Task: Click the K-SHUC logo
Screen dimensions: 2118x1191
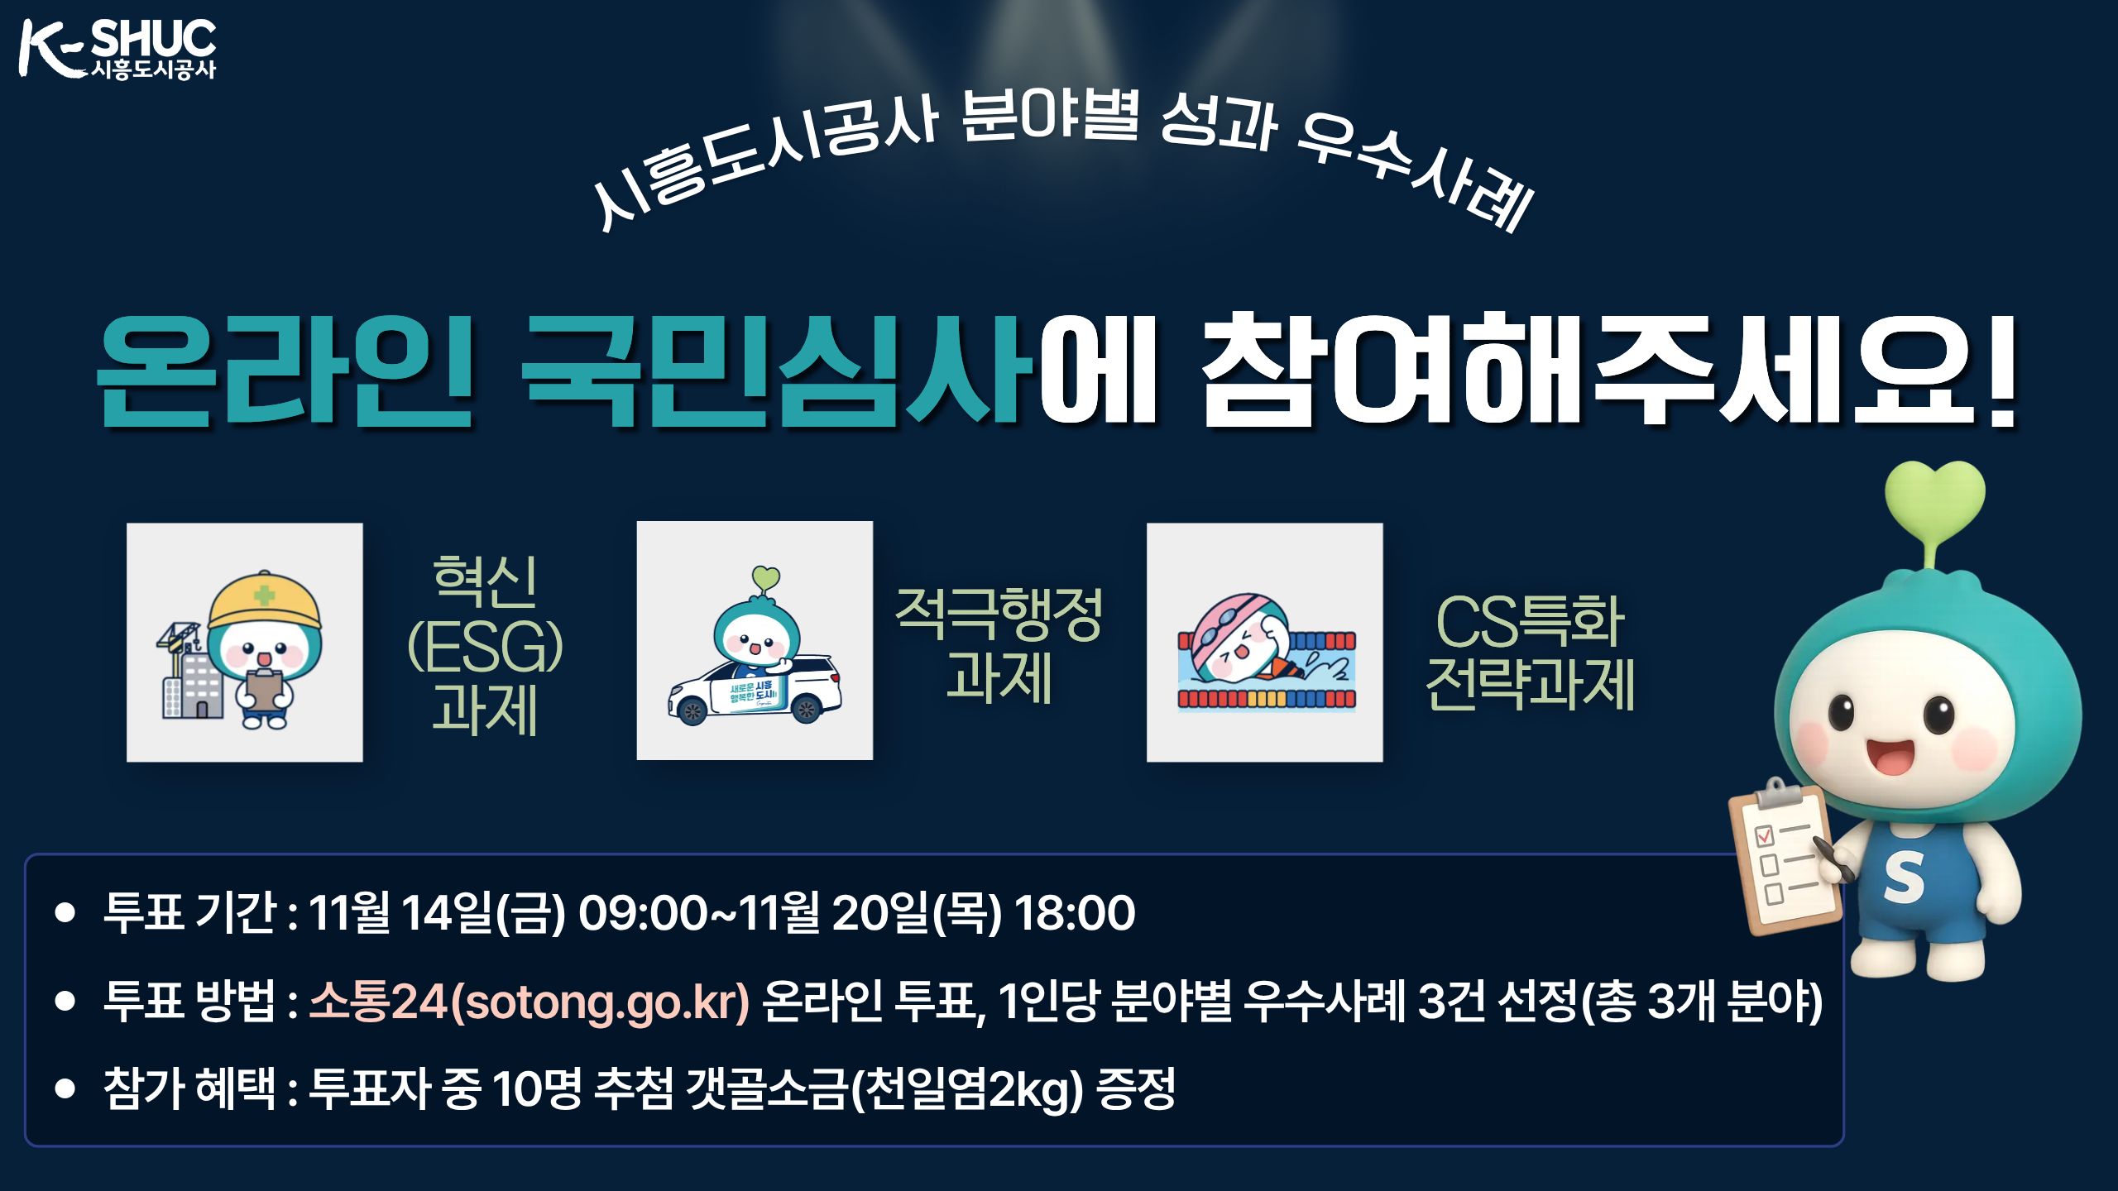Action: coord(117,50)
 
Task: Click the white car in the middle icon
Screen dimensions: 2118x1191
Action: coord(755,691)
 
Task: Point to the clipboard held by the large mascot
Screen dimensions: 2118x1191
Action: coord(1785,860)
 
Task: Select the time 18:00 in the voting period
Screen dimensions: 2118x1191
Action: coord(1075,913)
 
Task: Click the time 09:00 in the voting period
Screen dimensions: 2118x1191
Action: coord(642,913)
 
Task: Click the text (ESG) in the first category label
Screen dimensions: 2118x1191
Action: coord(485,648)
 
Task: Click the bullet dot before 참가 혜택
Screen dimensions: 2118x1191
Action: coord(65,1088)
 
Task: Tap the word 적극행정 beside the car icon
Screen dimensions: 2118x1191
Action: coord(999,615)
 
